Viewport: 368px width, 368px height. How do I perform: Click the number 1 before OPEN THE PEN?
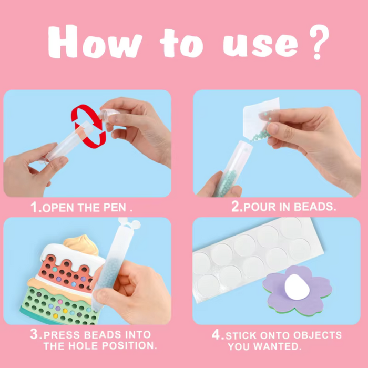pyautogui.click(x=34, y=208)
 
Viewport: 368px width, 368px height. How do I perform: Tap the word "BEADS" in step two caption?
pyautogui.click(x=314, y=207)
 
